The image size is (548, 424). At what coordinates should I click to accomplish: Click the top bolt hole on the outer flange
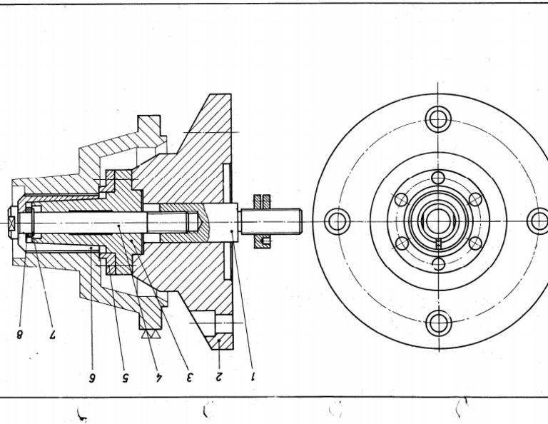click(438, 118)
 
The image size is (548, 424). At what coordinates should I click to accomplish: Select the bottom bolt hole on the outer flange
click(438, 323)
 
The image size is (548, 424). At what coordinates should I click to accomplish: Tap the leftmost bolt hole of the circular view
click(337, 221)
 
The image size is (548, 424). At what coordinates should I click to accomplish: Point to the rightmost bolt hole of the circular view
click(539, 221)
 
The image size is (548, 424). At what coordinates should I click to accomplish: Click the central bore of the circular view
click(438, 221)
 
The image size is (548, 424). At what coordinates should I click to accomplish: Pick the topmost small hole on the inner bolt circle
click(438, 177)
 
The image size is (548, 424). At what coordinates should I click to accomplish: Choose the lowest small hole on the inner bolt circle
click(438, 264)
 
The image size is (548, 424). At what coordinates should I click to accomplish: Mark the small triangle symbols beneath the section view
click(151, 333)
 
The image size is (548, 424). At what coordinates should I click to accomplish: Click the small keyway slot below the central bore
click(438, 243)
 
